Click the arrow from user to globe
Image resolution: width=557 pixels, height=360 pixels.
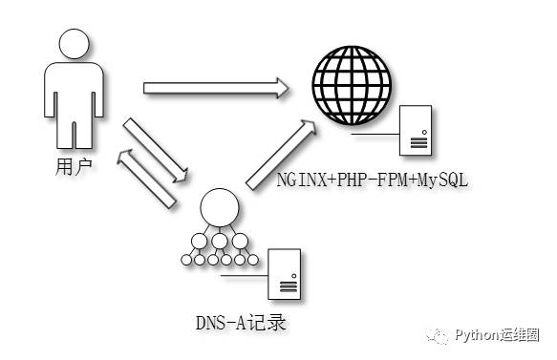[x=216, y=89]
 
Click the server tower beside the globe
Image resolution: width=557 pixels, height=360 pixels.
[x=418, y=130]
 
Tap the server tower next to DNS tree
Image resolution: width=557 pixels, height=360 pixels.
[x=286, y=273]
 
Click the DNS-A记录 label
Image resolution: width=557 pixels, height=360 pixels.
[x=240, y=322]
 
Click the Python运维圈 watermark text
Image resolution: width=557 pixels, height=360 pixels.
[x=496, y=335]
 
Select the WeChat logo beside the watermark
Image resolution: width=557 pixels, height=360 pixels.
[x=439, y=336]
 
